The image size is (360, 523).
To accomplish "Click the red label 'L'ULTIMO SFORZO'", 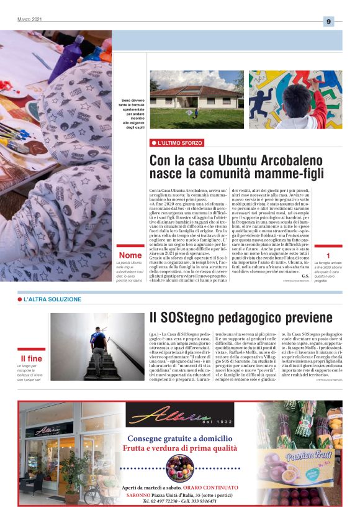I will click(x=180, y=143).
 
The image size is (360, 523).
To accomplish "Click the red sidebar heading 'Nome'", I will click(x=130, y=256).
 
